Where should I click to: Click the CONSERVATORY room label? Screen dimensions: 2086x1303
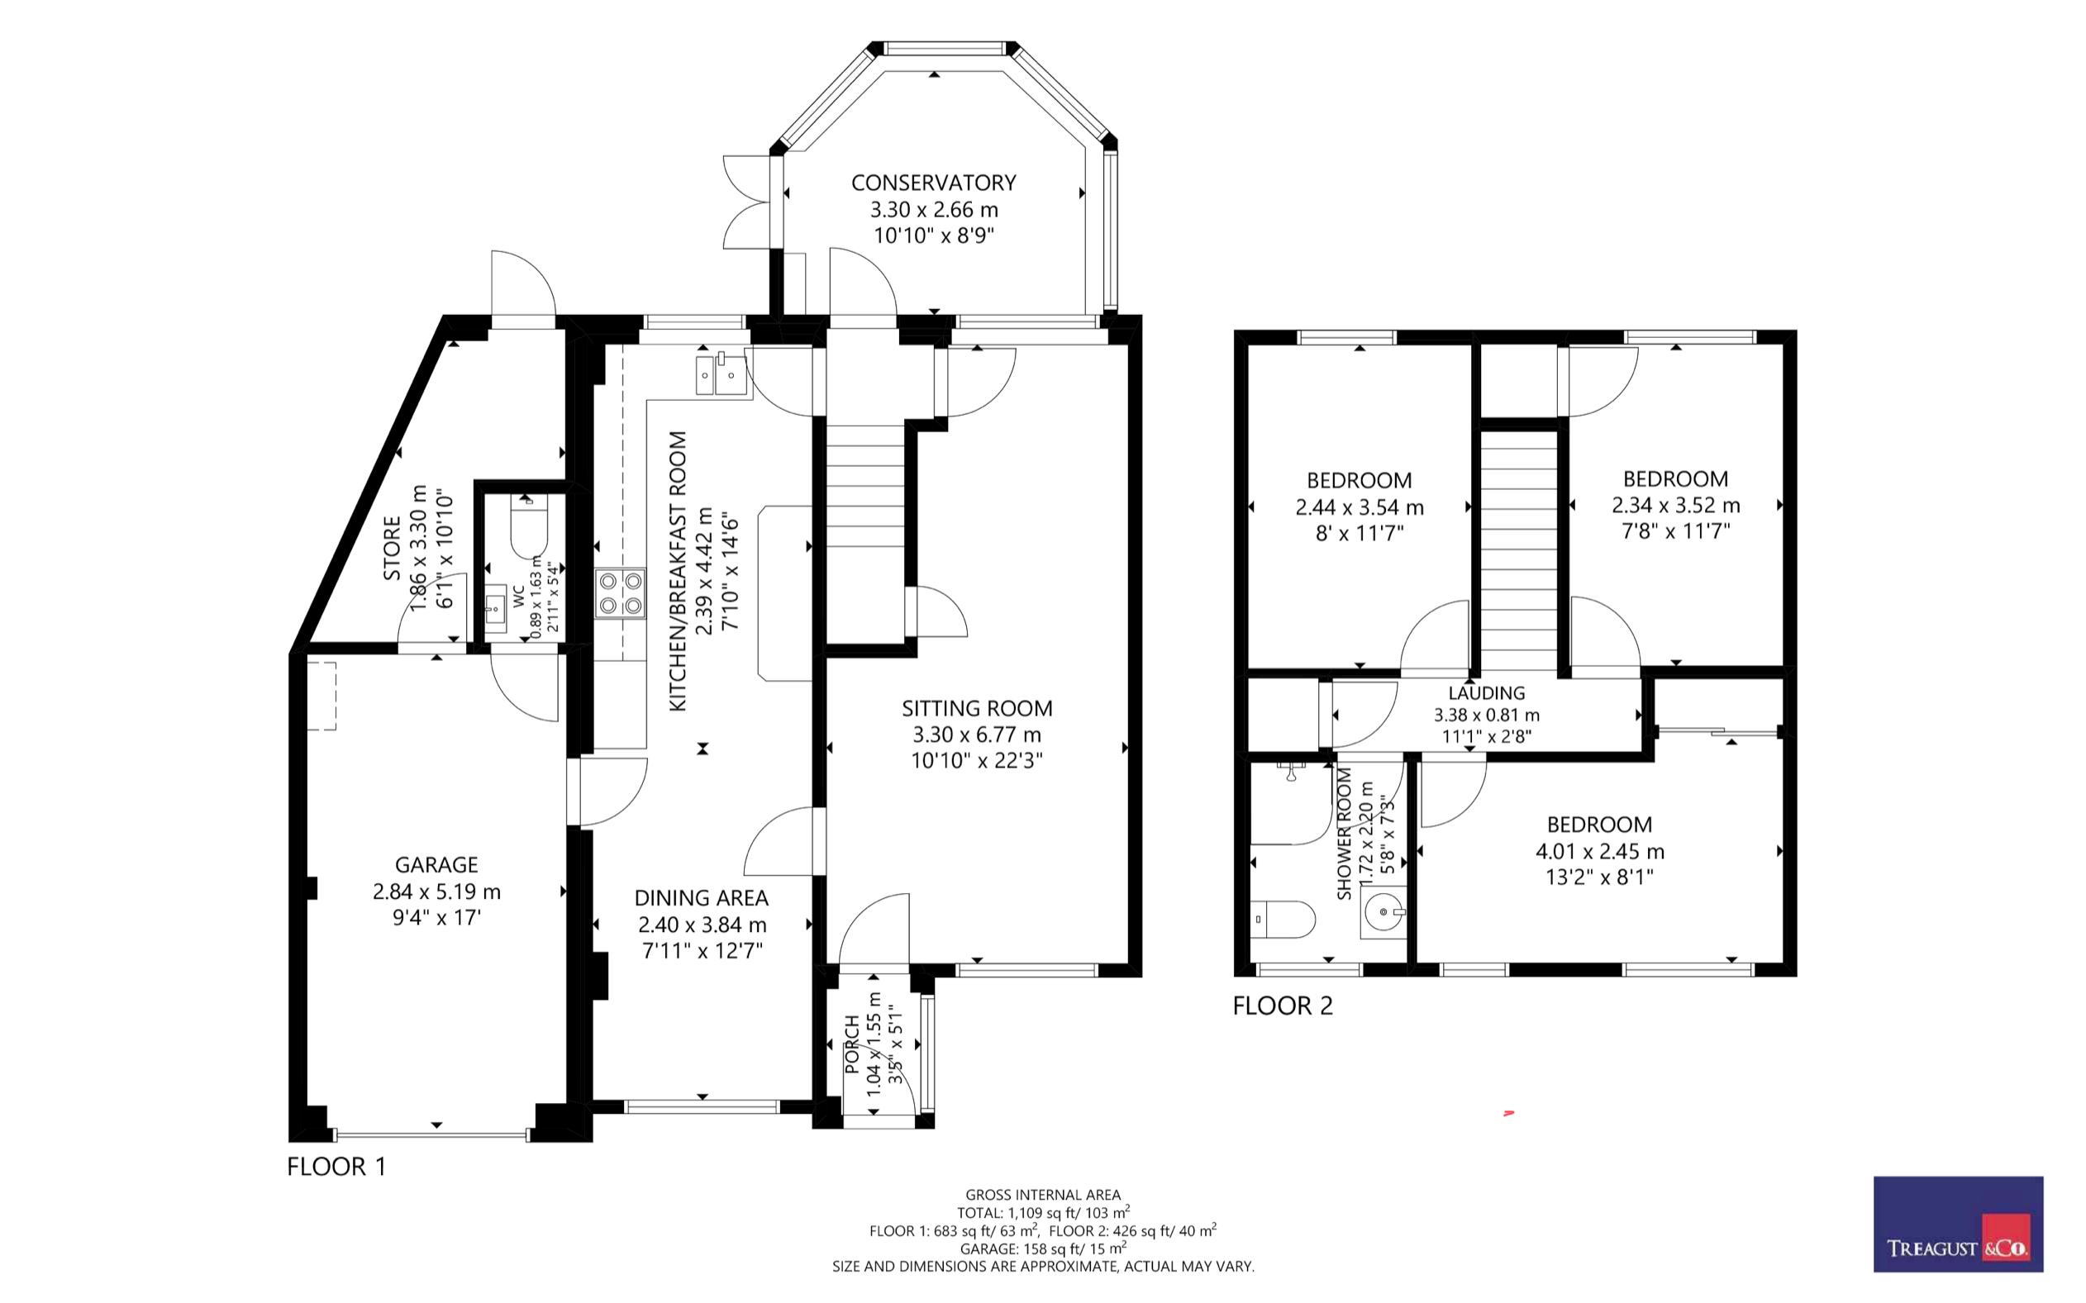(x=934, y=183)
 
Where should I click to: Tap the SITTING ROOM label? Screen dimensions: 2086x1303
(x=977, y=708)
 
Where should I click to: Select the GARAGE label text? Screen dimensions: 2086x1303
(x=436, y=864)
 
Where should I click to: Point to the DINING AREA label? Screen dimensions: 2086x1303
(x=701, y=898)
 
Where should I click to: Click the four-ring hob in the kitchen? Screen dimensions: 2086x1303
(x=620, y=593)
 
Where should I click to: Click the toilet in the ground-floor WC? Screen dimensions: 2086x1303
(x=529, y=525)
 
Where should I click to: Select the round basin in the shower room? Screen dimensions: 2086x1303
(x=1383, y=911)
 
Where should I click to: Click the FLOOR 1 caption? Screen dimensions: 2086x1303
(x=337, y=1167)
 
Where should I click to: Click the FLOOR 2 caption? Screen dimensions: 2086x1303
(x=1283, y=1006)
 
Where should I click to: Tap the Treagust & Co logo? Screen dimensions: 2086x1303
(x=1959, y=1224)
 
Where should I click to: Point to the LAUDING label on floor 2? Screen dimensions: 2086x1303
(x=1486, y=693)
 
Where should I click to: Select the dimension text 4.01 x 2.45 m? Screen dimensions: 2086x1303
(x=1600, y=851)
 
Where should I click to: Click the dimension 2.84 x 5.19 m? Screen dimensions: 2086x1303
(x=436, y=892)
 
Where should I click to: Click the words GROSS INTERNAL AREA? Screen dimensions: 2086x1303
(x=1043, y=1195)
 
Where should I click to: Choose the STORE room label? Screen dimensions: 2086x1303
(x=392, y=548)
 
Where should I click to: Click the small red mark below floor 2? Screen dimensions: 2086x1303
(x=1508, y=1115)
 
